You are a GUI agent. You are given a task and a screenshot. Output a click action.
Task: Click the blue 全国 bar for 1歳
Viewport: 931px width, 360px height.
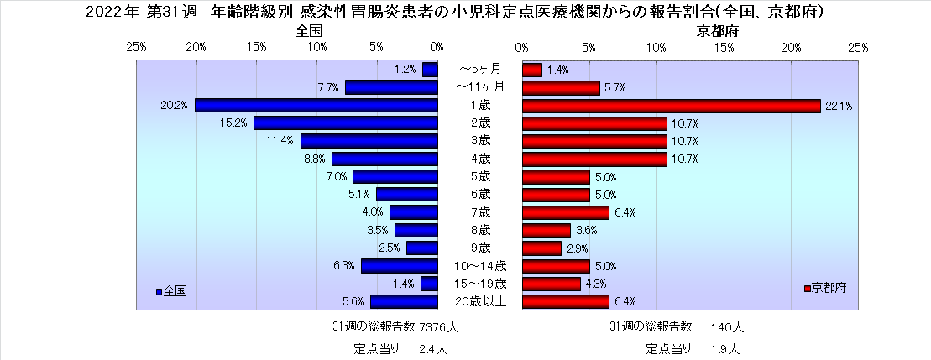pos(316,105)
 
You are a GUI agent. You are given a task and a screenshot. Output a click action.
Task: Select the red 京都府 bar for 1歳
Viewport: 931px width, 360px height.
pos(671,105)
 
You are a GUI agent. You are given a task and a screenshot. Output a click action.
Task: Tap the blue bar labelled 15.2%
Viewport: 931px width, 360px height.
pos(346,123)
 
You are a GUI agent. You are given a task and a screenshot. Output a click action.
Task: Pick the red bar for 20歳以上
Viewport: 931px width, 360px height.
pos(565,301)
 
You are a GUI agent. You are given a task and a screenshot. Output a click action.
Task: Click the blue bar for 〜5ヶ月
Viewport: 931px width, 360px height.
pos(430,70)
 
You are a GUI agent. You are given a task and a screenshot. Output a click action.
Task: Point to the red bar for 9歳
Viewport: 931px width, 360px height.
pos(541,248)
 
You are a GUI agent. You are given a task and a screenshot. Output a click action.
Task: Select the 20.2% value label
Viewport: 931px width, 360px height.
pos(174,106)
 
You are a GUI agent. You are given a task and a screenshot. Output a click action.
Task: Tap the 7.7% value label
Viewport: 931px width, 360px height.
pos(327,87)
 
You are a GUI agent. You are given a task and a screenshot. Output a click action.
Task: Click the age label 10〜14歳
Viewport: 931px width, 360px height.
pos(480,266)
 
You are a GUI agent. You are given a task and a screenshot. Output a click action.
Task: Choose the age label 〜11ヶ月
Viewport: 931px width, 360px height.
pos(480,87)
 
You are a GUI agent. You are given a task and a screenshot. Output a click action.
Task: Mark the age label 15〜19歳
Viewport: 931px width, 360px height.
pos(480,284)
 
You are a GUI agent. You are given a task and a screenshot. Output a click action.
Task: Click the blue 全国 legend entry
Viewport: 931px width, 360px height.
pos(171,290)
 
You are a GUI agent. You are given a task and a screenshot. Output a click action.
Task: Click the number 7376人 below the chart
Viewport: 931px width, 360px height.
pos(437,326)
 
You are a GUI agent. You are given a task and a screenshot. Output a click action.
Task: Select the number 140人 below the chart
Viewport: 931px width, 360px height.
pos(727,326)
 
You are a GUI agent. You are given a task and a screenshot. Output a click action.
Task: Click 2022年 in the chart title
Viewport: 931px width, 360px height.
pos(112,13)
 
